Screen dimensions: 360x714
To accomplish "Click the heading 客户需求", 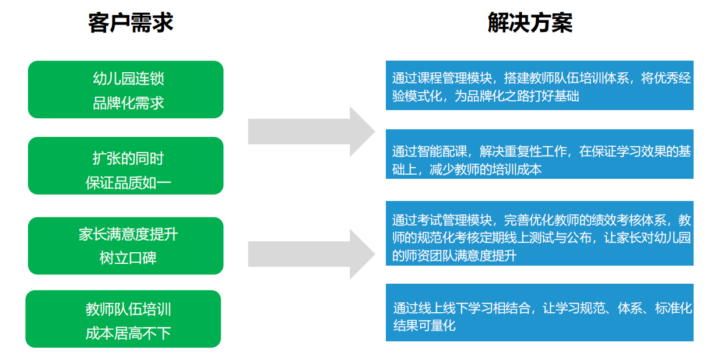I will [131, 23].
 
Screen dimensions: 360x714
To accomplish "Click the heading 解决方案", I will [530, 23].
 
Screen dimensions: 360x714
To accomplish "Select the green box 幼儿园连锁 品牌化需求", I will [125, 90].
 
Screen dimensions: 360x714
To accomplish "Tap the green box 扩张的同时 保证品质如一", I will [125, 166].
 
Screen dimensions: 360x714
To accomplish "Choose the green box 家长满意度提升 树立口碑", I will [125, 246].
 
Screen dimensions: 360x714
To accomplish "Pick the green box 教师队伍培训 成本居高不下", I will [123, 319].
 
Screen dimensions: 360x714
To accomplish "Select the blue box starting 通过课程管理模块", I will [539, 85].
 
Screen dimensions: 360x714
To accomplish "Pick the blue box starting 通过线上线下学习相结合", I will [539, 312].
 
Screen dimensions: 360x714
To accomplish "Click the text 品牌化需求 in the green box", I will [128, 104].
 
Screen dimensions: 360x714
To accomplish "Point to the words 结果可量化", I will [424, 325].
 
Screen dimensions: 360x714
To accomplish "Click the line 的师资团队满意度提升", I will [454, 255].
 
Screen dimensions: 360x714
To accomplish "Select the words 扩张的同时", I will [128, 158].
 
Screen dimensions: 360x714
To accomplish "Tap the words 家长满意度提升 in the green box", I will [128, 234].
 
